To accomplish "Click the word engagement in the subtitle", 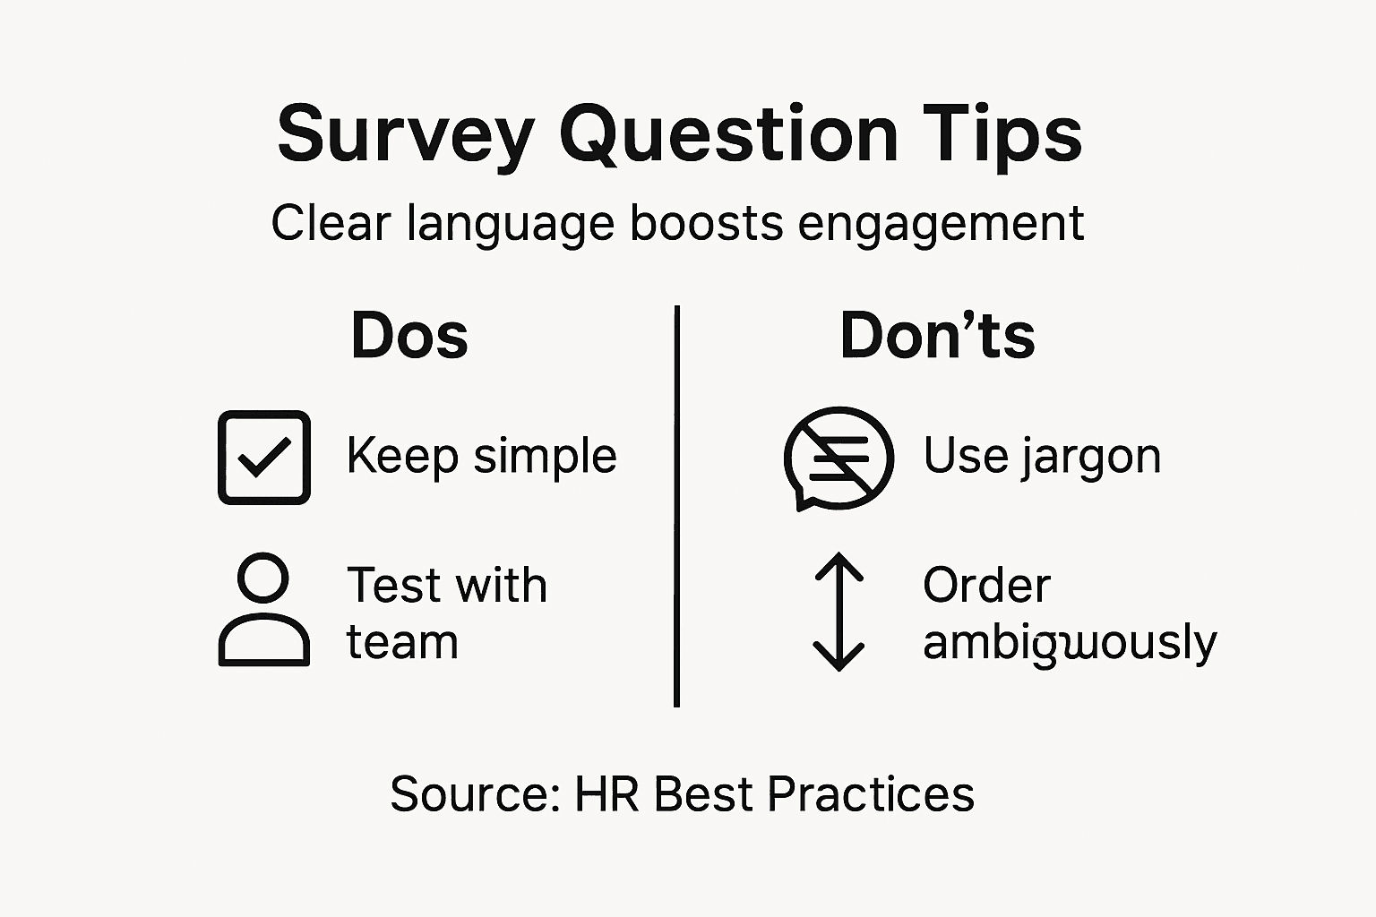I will click(941, 224).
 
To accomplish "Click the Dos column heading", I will click(409, 337).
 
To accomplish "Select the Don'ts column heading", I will click(937, 337).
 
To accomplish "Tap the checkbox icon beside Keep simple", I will click(264, 457).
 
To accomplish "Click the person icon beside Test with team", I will click(264, 610).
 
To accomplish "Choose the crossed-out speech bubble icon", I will click(838, 458).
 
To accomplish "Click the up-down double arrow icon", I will click(838, 612).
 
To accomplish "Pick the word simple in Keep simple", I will click(545, 457).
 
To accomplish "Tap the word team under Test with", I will click(402, 643).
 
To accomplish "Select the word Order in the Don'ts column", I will click(986, 586).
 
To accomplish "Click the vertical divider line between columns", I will click(676, 506).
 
